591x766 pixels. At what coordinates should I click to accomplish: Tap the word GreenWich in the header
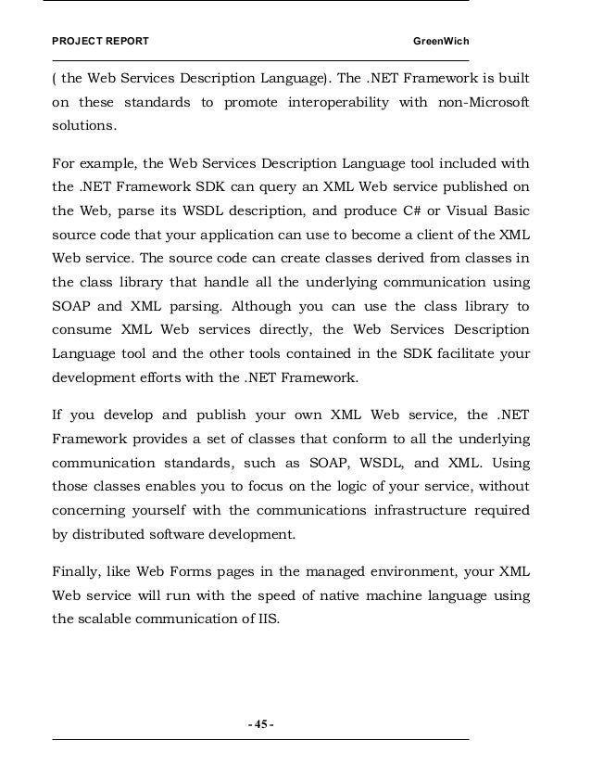click(x=442, y=44)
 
